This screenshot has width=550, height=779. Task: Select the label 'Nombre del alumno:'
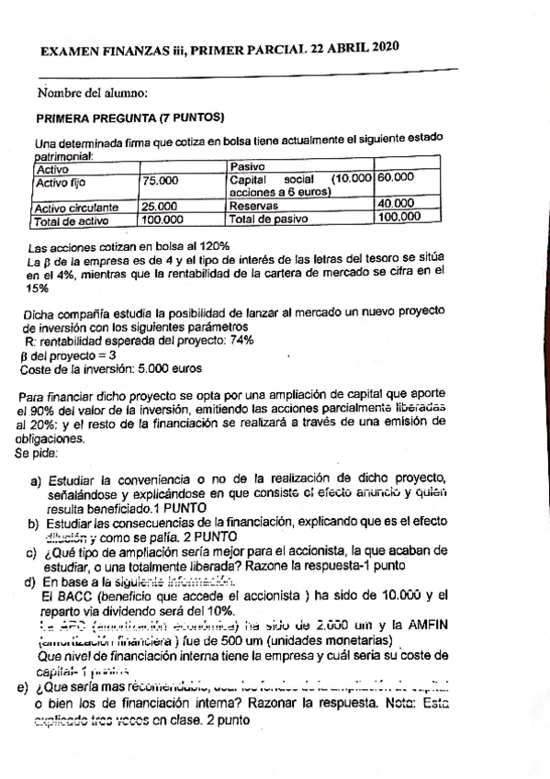point(94,93)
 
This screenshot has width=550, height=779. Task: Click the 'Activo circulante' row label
point(77,208)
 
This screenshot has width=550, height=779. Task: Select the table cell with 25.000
point(161,208)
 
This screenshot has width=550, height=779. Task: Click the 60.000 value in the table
point(396,176)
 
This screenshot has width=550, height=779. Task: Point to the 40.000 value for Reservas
point(398,203)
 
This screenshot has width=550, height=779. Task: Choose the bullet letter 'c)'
point(31,552)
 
